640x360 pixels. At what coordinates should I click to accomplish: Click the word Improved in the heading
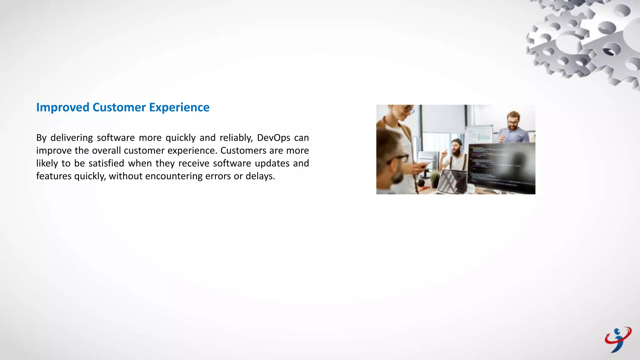click(62, 107)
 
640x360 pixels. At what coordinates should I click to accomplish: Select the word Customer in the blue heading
click(119, 107)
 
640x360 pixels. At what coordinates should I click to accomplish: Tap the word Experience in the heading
click(179, 107)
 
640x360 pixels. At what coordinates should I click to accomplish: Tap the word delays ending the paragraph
click(260, 176)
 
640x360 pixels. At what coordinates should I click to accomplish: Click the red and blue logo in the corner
click(618, 340)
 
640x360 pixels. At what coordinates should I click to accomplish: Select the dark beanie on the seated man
click(457, 141)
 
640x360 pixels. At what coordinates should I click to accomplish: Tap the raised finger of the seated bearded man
click(444, 152)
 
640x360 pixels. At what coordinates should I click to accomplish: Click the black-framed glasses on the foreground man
click(398, 159)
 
